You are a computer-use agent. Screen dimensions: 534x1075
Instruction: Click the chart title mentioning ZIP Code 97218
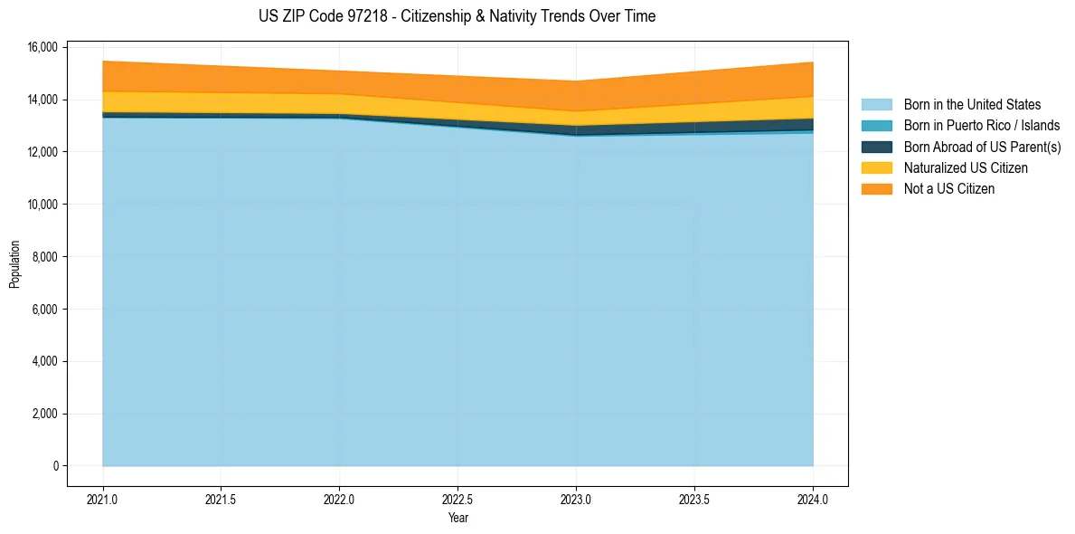coord(457,16)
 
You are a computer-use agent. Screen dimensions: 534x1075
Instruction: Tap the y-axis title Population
coord(14,264)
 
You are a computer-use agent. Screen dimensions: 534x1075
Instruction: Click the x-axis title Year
coord(457,518)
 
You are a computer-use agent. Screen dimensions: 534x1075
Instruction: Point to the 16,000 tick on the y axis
coord(42,47)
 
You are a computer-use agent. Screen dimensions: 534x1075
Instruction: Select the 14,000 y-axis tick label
coord(42,100)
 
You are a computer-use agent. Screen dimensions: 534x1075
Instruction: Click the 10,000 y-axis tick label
coord(42,205)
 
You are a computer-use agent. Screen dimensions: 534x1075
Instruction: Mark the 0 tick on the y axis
coord(55,466)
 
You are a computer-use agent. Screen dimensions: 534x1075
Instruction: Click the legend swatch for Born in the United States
coord(876,105)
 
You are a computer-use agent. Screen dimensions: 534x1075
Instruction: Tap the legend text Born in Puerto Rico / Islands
coord(982,126)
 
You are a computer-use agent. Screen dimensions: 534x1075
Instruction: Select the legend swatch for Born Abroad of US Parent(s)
coord(876,147)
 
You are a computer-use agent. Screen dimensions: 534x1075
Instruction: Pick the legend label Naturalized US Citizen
coord(966,167)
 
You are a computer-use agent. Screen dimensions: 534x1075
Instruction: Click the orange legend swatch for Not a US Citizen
coord(876,188)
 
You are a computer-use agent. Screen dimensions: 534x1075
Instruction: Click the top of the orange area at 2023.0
coord(576,81)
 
